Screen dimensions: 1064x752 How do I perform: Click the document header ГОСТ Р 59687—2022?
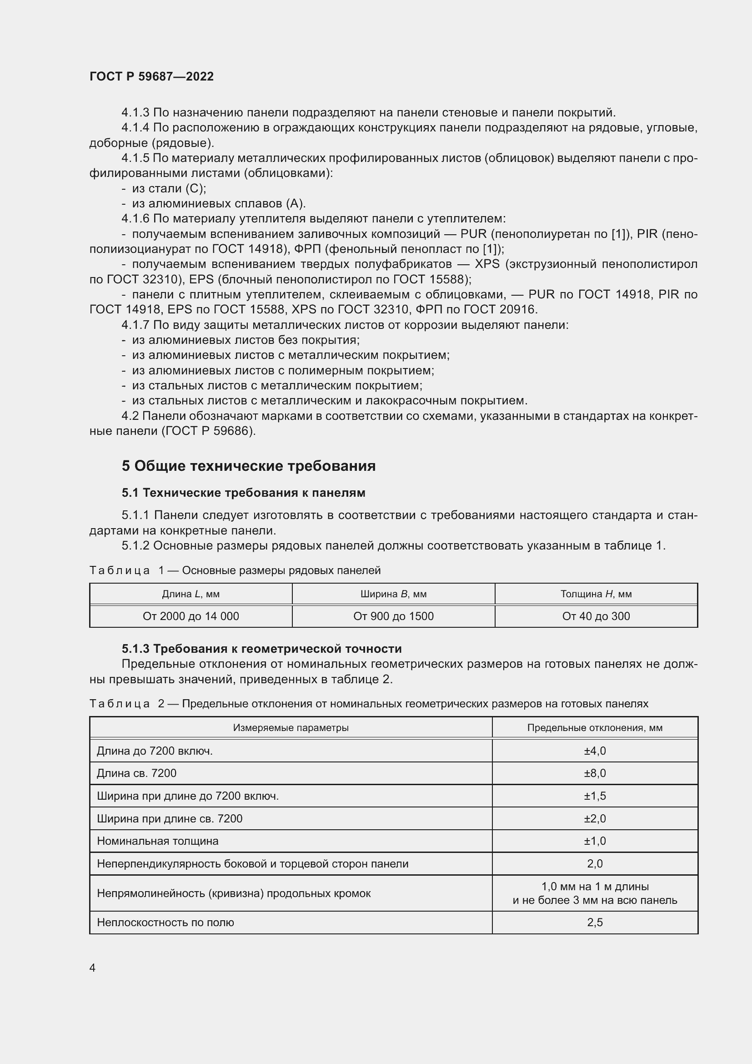tap(151, 76)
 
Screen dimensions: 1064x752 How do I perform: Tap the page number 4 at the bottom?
tap(92, 968)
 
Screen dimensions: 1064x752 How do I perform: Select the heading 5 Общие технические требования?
tap(249, 466)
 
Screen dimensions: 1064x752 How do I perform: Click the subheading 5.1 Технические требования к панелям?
tap(244, 493)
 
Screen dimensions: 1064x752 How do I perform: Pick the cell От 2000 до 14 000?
tap(191, 616)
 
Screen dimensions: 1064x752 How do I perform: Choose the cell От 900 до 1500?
tap(393, 616)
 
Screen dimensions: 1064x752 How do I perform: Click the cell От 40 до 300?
tap(596, 616)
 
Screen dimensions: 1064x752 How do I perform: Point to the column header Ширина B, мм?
tap(393, 594)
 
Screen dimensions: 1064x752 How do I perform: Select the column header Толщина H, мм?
tap(596, 594)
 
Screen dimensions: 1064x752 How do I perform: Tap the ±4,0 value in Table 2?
tap(595, 750)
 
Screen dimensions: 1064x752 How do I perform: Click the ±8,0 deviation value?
tap(595, 773)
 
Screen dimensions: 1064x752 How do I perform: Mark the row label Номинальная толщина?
tap(157, 841)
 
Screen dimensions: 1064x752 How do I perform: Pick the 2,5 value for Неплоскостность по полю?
tap(595, 922)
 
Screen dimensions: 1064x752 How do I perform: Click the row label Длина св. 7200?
tap(136, 773)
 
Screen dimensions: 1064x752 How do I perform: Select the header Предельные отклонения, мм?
tap(595, 727)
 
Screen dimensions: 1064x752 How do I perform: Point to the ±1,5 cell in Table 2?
tap(595, 796)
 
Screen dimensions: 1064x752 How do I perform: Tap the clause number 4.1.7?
tap(135, 325)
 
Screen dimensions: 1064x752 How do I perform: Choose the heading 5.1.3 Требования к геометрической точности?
tap(261, 648)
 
